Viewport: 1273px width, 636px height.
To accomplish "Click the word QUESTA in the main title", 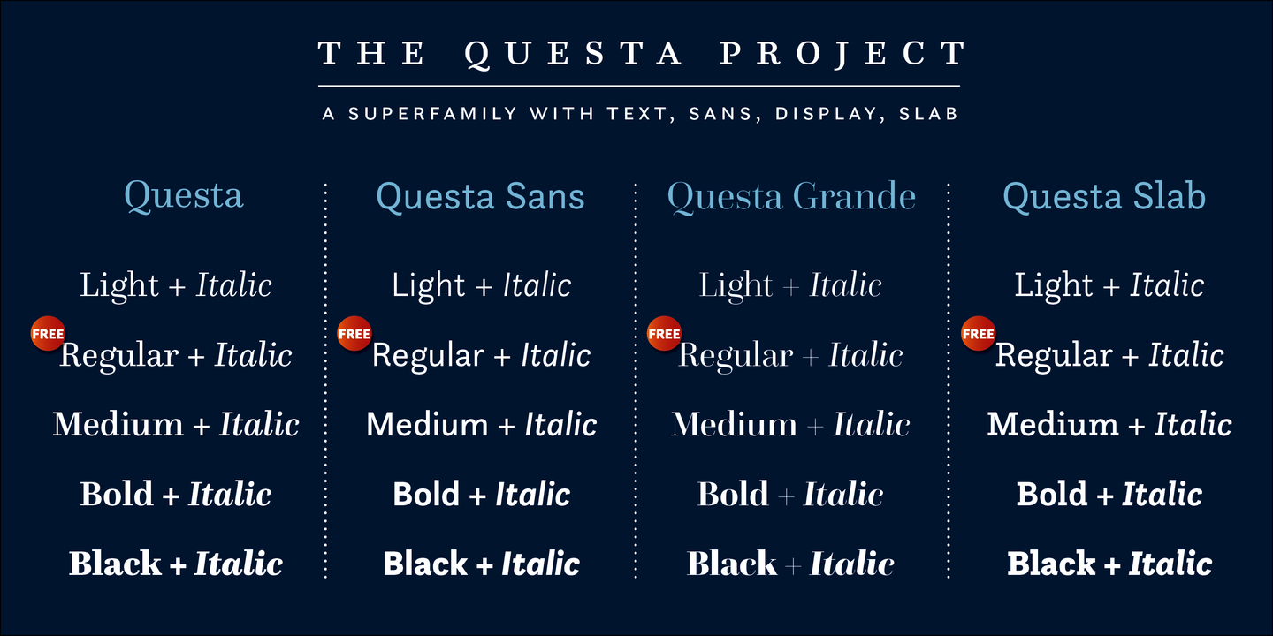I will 574,55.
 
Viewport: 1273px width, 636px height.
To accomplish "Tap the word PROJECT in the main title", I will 842,55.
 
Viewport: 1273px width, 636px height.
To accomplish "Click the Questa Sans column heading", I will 480,196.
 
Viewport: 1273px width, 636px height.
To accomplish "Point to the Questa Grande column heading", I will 791,196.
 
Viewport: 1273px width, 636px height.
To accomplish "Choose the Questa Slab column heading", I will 1103,196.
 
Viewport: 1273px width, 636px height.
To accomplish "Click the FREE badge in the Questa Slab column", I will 978,334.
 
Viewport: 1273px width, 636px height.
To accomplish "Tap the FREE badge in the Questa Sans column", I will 354,334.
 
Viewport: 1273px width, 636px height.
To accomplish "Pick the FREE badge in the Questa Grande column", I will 664,334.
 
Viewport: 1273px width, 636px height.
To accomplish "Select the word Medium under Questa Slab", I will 1052,425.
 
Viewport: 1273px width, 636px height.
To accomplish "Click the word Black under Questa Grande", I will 732,564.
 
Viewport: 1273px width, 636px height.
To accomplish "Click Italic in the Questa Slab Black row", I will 1170,564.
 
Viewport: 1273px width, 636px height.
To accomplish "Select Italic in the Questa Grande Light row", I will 846,285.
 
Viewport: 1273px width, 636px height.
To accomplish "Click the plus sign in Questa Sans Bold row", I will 477,496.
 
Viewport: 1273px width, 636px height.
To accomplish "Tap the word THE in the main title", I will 371,55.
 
